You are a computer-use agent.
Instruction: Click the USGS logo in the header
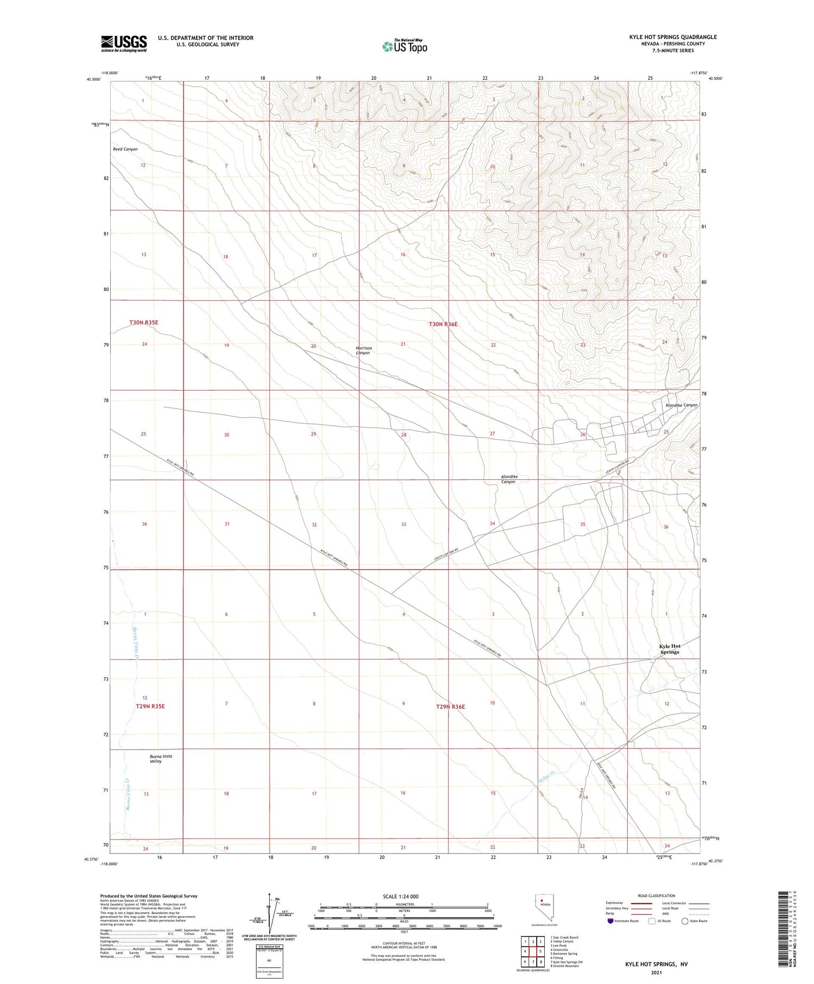point(124,43)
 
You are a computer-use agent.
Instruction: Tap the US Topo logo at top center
point(404,47)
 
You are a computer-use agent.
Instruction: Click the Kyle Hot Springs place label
point(670,649)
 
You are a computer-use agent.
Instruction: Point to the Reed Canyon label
point(125,149)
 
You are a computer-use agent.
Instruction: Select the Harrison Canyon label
point(363,351)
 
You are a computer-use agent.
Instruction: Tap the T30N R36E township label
point(443,325)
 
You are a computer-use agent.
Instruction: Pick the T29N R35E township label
point(150,707)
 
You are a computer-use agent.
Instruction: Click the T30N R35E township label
point(144,322)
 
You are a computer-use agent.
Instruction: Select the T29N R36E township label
point(450,707)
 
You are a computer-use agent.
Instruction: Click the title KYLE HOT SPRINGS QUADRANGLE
point(673,37)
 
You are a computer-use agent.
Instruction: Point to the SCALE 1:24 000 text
point(400,897)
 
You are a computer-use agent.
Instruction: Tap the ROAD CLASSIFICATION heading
point(657,896)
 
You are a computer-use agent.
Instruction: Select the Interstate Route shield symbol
point(610,921)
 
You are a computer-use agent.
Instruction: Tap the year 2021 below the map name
point(657,973)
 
